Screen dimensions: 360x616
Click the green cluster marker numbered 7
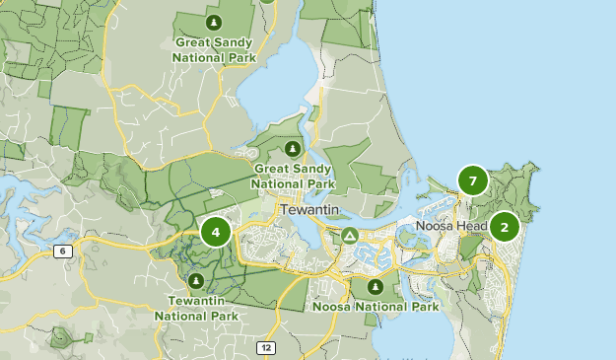pos(473,181)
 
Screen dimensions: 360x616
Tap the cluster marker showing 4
pos(215,233)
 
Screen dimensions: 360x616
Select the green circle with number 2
pos(505,228)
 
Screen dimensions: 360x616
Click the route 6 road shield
pos(64,252)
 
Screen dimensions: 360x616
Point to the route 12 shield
pos(267,347)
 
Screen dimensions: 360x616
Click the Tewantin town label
pos(310,209)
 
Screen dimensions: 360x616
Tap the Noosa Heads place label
pos(452,226)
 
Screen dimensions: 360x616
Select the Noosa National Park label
pos(376,307)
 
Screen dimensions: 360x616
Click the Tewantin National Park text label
pos(196,308)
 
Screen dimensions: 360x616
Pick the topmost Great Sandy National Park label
pos(214,49)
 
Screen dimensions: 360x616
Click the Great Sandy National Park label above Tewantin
pos(292,176)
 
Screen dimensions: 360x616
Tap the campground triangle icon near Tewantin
pos(349,236)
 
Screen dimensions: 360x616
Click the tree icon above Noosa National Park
pos(375,287)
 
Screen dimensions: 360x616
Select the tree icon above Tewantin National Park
pos(196,280)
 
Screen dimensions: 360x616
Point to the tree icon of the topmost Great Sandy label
pos(214,21)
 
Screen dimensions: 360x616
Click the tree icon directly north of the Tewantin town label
pos(292,149)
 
